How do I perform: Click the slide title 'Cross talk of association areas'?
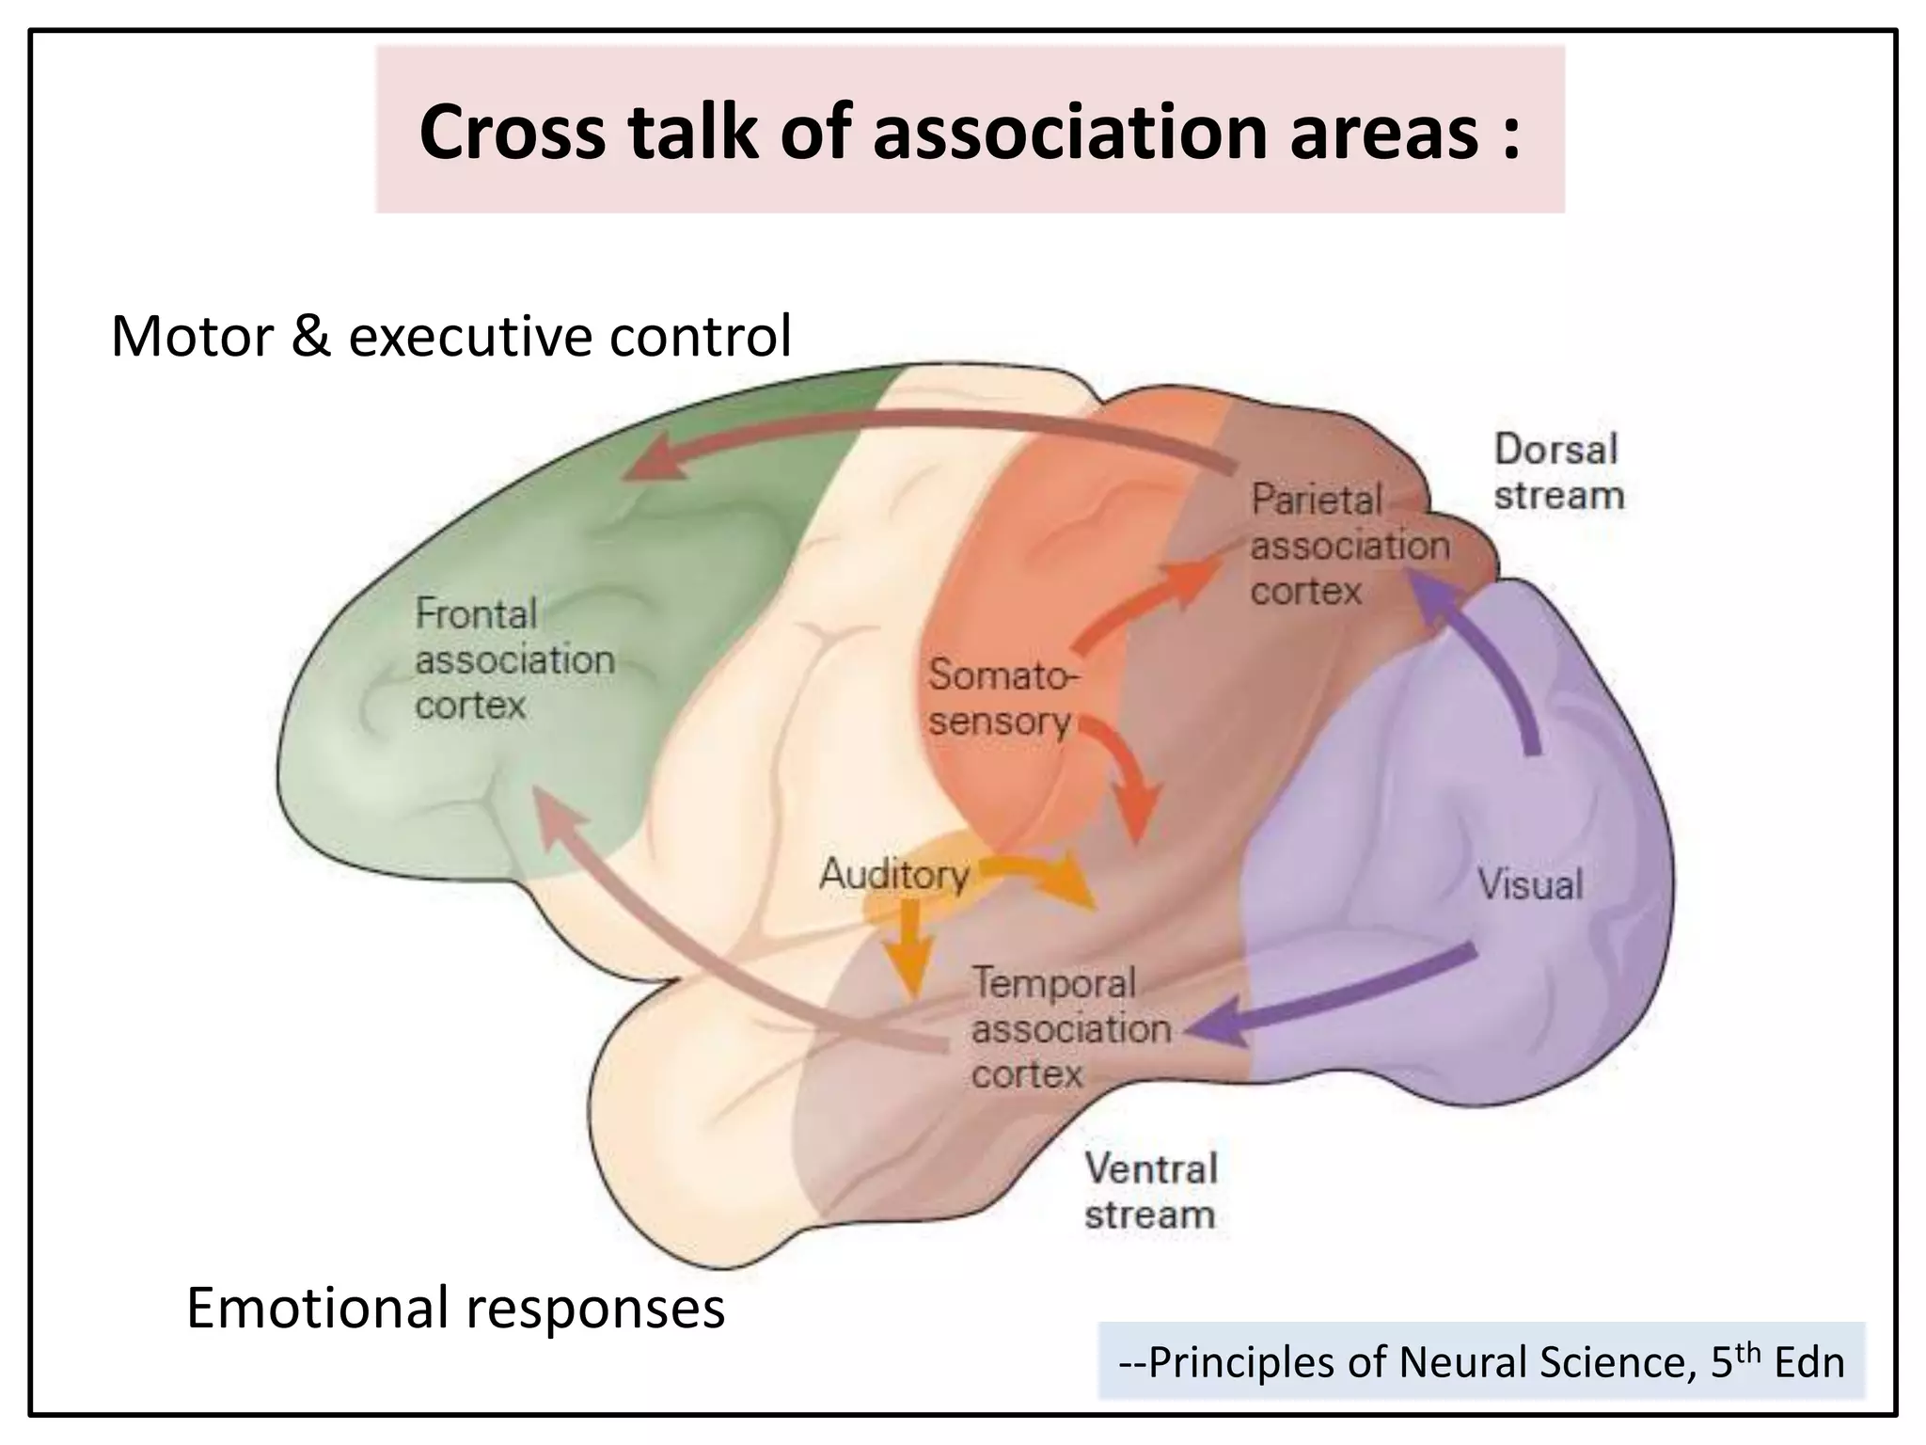click(969, 132)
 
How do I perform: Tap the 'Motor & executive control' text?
click(451, 337)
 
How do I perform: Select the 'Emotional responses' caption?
click(456, 1308)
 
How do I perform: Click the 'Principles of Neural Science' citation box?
click(1480, 1361)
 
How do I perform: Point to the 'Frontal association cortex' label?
click(514, 659)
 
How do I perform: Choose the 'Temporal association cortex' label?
click(1070, 1028)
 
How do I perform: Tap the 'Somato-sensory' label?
click(1002, 698)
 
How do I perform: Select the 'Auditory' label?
click(893, 875)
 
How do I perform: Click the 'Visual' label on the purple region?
click(1530, 884)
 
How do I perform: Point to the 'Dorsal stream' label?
click(1558, 472)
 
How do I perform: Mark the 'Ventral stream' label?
click(1150, 1191)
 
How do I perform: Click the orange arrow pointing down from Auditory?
click(909, 950)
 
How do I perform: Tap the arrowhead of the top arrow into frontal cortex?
click(654, 461)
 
